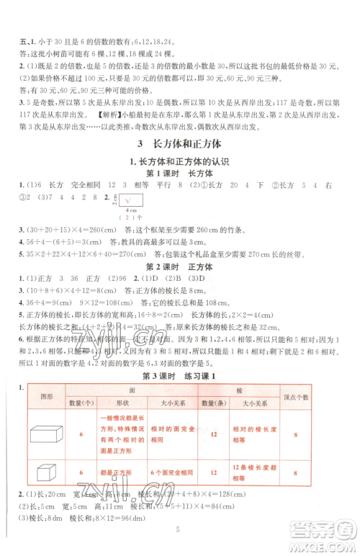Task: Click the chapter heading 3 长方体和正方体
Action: click(179, 143)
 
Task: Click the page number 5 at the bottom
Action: click(179, 542)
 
